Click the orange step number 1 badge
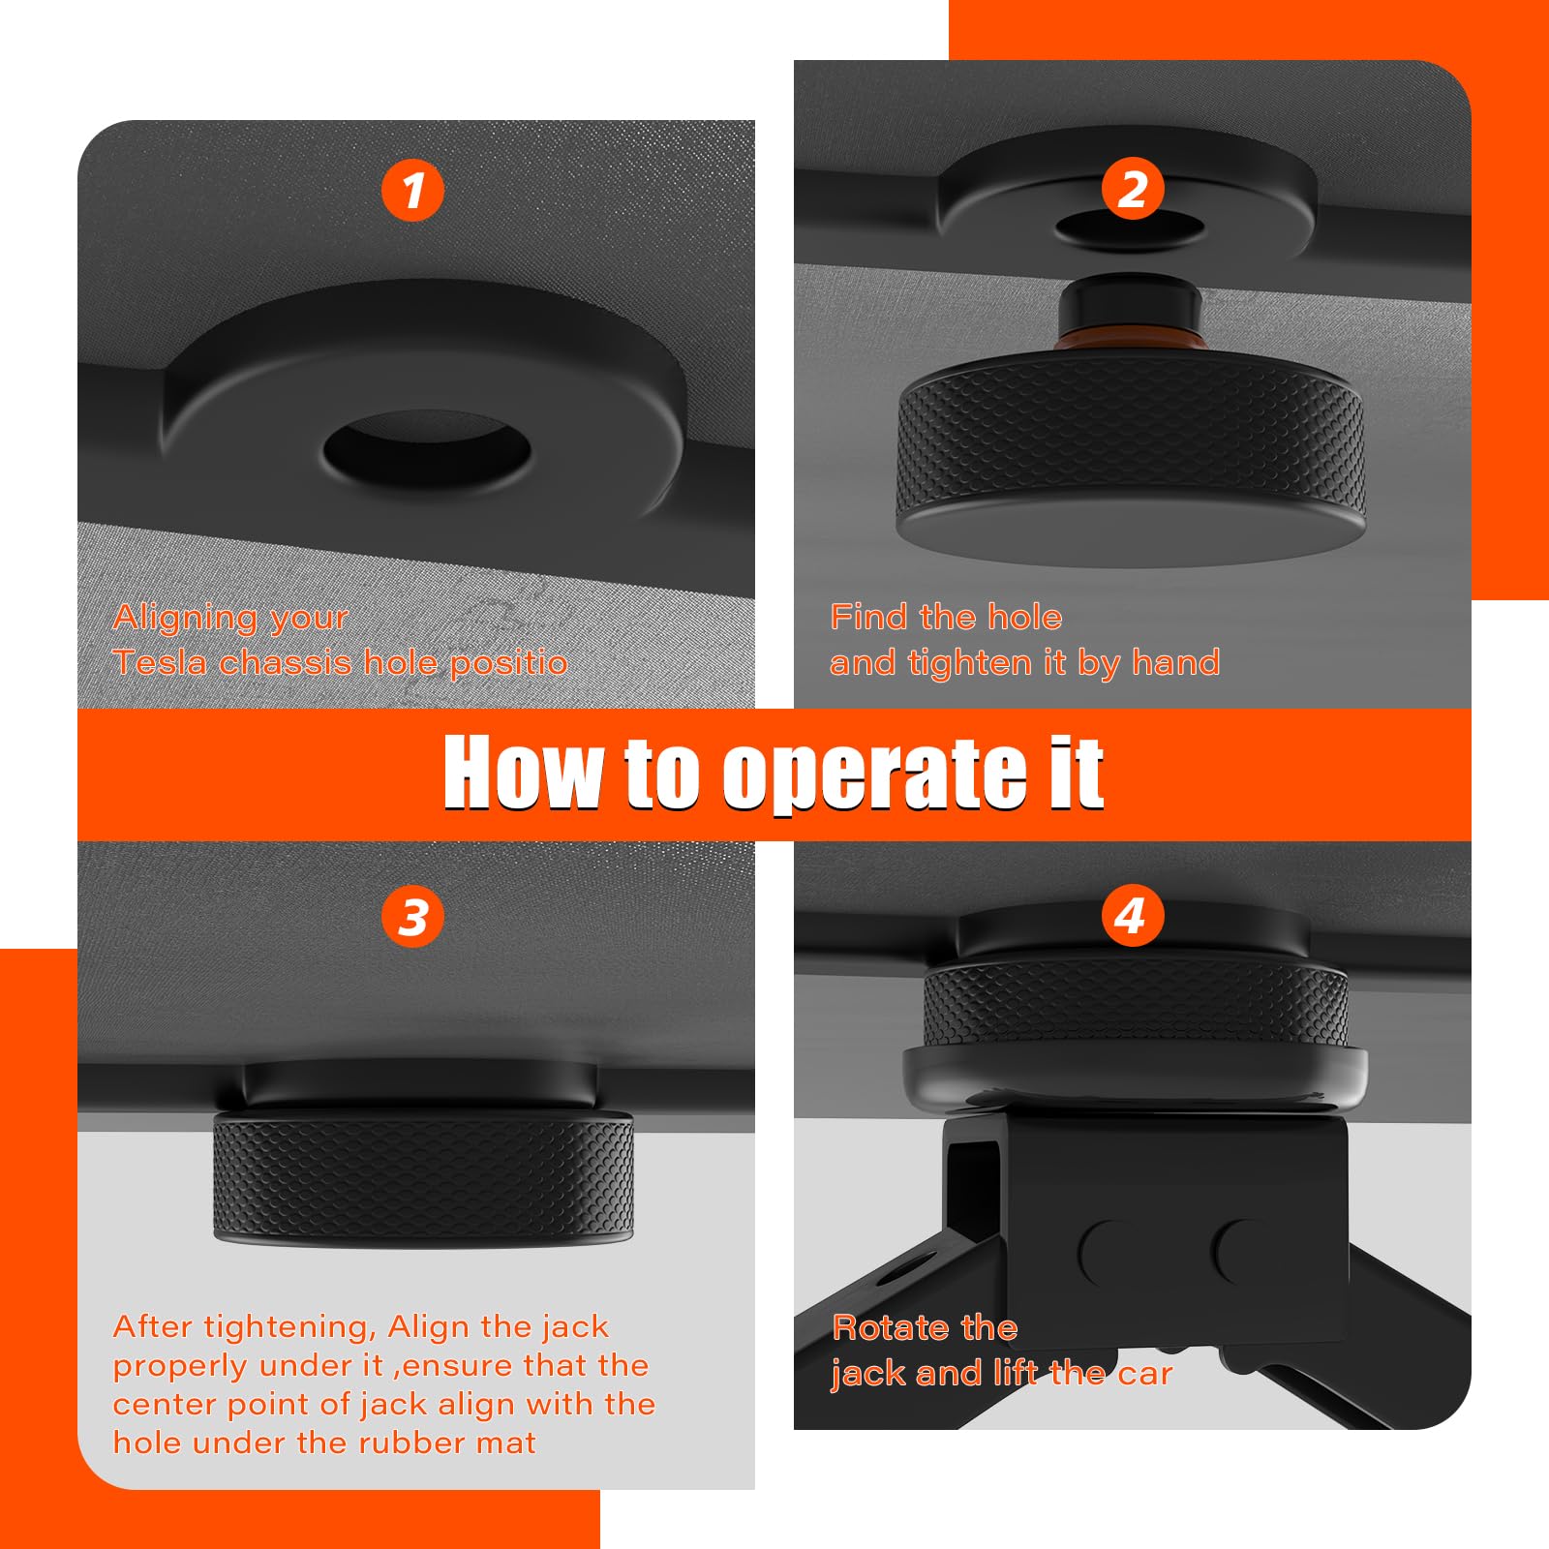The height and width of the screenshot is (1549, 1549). coord(413,190)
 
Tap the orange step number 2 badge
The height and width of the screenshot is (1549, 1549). coord(1133,188)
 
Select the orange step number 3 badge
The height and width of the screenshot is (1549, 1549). coord(413,917)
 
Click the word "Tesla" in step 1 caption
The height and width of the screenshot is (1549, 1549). coord(162,662)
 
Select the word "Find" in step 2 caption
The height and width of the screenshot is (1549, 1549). coord(870,617)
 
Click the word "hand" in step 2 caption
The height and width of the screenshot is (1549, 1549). coord(1175,662)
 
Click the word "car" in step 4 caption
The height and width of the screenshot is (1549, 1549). coord(1145,1374)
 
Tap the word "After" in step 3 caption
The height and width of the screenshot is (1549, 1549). coord(154,1326)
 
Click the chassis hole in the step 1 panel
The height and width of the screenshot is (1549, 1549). coord(427,449)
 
